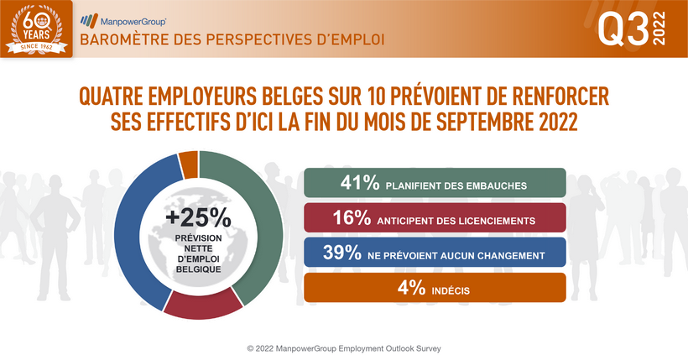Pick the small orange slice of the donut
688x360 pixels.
[x=190, y=163]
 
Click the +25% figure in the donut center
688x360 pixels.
[x=198, y=218]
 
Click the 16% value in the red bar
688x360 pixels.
[x=352, y=220]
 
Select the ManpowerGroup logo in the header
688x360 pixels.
[x=122, y=18]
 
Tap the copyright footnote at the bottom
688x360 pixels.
[x=343, y=347]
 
